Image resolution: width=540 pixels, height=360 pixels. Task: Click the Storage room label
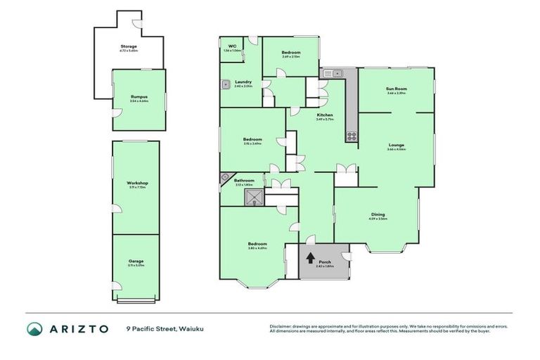point(129,46)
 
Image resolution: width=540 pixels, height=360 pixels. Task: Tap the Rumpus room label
point(139,96)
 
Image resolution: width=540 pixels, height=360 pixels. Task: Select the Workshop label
point(138,183)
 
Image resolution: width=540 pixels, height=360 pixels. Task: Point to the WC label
point(232,46)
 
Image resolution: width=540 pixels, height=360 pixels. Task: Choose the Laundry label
point(243,82)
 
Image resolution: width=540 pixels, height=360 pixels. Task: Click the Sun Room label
point(397,89)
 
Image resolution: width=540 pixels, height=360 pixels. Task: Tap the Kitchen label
point(324,115)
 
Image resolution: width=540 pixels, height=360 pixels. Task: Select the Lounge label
point(397,145)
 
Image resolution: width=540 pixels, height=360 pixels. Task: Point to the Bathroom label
point(244,180)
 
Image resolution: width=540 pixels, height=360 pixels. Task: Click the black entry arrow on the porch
point(311,257)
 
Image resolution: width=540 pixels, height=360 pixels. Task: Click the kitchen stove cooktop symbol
point(351,135)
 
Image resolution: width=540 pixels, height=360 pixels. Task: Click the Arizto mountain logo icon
point(34,328)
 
